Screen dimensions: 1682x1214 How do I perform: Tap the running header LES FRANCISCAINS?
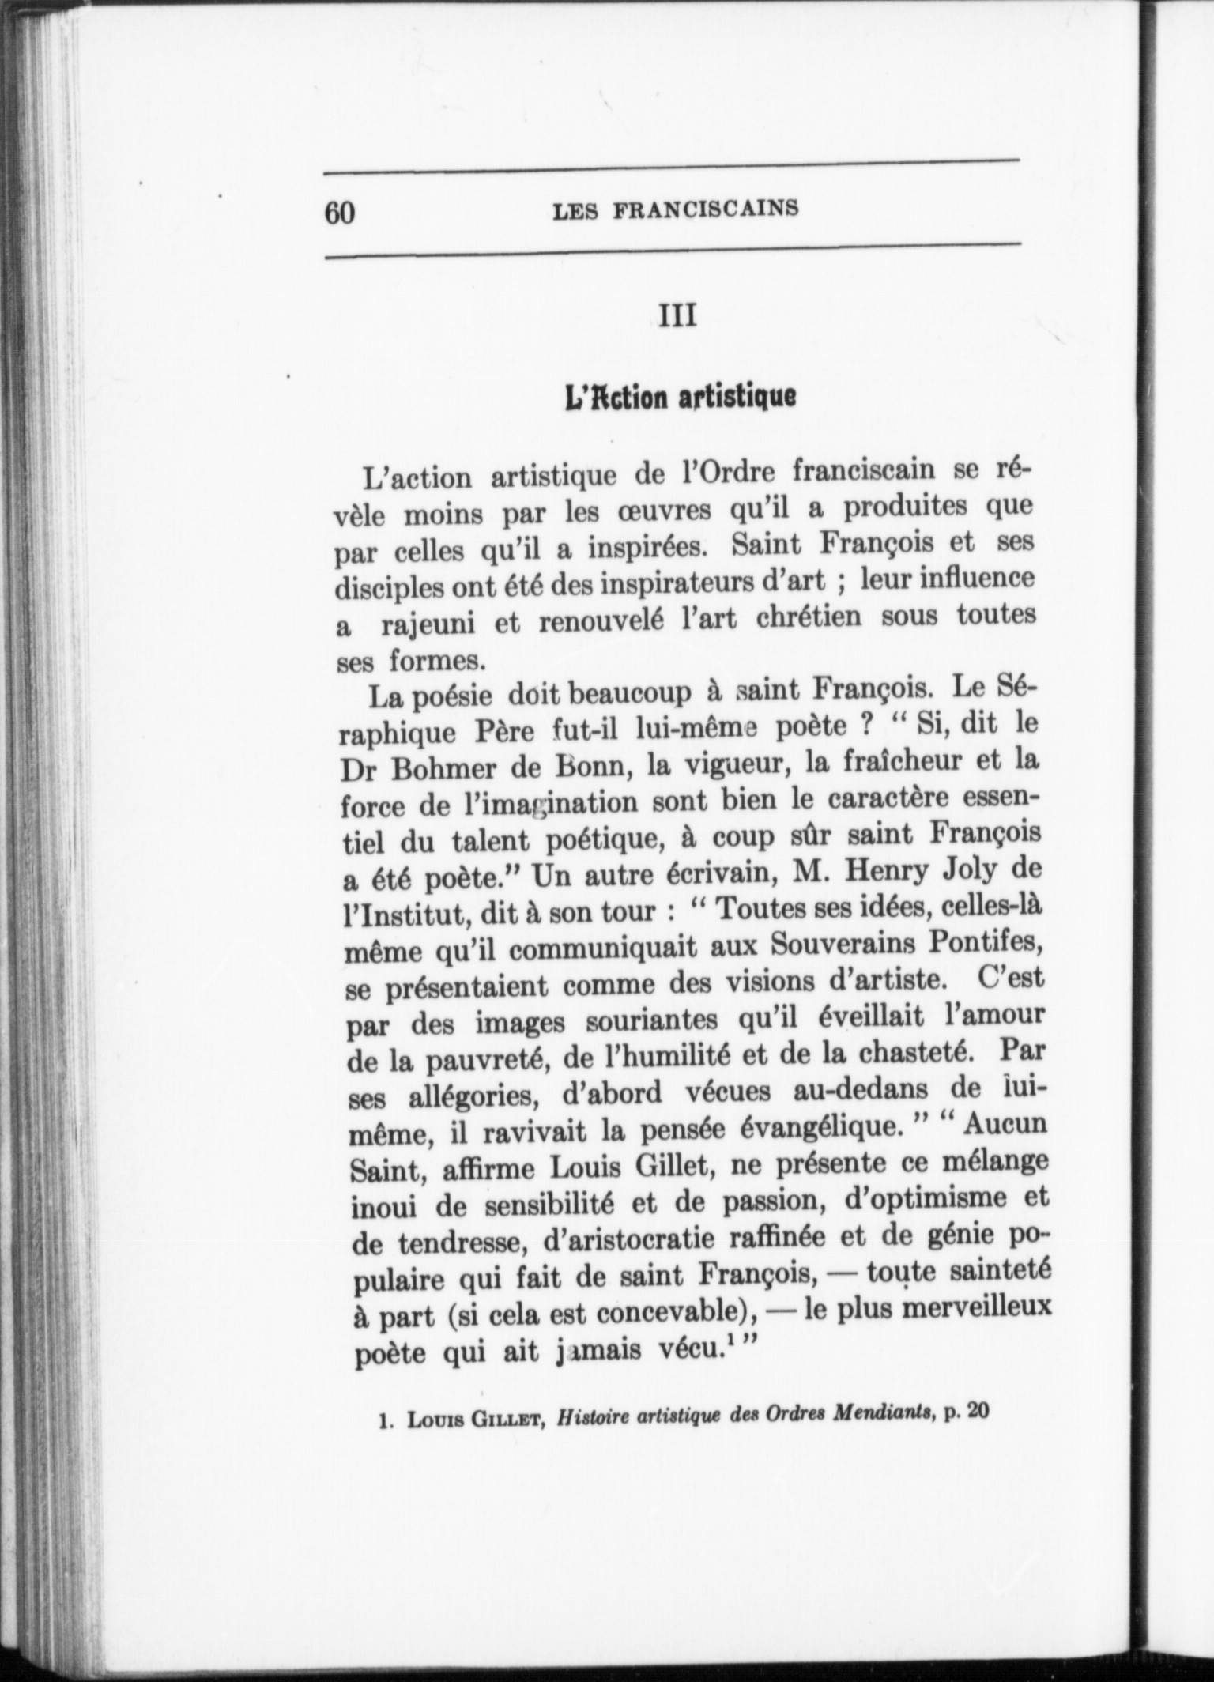coord(676,209)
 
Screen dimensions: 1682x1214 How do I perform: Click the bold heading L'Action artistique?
coord(679,395)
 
